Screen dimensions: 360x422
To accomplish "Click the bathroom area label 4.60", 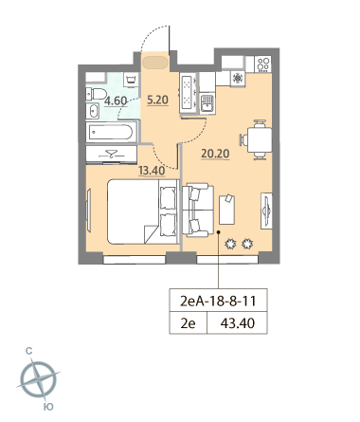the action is [x=116, y=101].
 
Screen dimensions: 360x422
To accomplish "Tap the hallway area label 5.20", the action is [x=158, y=101].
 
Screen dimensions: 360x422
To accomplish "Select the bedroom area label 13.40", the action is [x=152, y=171].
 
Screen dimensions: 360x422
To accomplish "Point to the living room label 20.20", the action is [x=215, y=154].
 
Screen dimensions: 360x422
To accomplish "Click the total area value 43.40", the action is [x=238, y=323].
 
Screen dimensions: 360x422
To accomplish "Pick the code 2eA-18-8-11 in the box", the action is [x=218, y=301].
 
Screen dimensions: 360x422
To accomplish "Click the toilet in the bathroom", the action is [x=97, y=94].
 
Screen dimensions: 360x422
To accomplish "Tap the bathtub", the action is [x=111, y=132].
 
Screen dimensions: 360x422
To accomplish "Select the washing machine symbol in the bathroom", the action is [x=132, y=80].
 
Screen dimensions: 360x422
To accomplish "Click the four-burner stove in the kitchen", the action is [x=262, y=64].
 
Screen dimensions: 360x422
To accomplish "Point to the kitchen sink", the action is [x=207, y=103].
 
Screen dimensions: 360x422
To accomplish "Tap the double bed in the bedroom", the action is [x=142, y=211].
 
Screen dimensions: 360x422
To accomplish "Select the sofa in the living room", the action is [x=198, y=210].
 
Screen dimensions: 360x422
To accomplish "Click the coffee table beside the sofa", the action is [x=226, y=210].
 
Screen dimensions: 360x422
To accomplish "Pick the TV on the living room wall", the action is [x=266, y=211].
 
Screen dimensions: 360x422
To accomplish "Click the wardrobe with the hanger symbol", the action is [x=112, y=155].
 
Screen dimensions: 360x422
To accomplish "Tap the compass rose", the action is [x=38, y=378].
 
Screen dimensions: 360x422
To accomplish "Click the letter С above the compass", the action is [x=29, y=351].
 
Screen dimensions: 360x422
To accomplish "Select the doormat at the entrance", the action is [x=155, y=63].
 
